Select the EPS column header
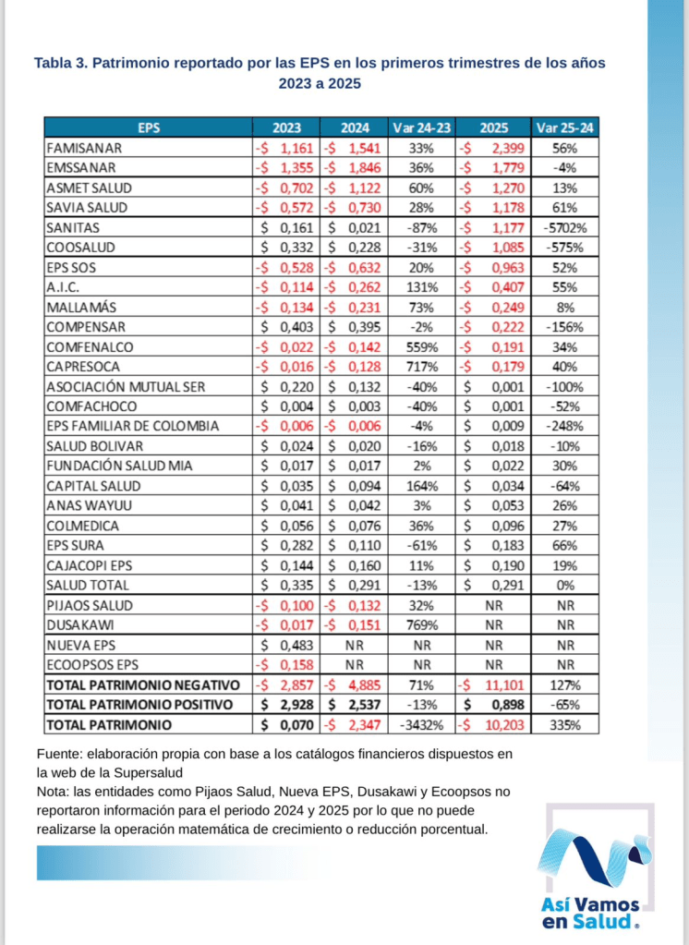click(149, 127)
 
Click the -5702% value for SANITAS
click(566, 227)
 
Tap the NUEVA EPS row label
click(82, 645)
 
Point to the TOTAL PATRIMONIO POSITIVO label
click(142, 705)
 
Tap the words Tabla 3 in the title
click(62, 64)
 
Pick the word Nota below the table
click(54, 792)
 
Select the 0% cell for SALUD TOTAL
click(566, 585)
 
